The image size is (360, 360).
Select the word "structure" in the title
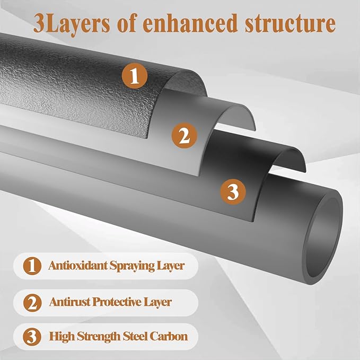click(290, 23)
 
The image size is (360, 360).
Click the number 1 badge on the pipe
click(135, 76)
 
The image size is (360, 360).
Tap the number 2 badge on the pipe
click(185, 135)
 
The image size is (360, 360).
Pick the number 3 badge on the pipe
click(233, 192)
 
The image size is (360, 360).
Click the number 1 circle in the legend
click(32, 266)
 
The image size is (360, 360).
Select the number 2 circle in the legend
click(32, 303)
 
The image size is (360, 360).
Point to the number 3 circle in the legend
click(32, 337)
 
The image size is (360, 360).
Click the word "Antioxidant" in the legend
click(78, 266)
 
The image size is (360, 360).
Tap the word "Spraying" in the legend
click(132, 266)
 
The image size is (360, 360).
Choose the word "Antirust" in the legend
click(70, 302)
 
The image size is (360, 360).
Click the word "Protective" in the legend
click(117, 302)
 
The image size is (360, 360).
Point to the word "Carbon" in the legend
click(169, 336)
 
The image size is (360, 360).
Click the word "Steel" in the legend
click(135, 336)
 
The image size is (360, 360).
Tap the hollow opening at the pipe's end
click(323, 238)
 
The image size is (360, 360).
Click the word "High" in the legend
click(62, 337)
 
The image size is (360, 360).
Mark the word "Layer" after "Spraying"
click(171, 266)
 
